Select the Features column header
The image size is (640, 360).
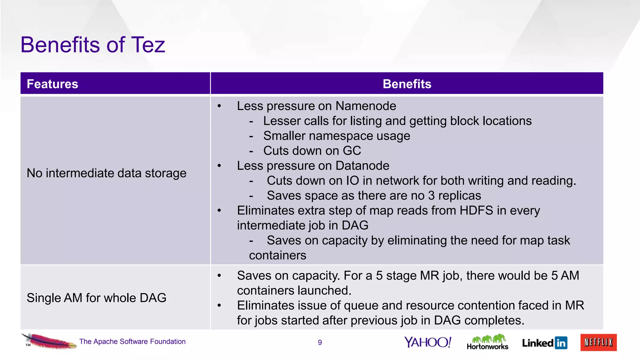click(52, 84)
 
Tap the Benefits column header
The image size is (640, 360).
click(407, 84)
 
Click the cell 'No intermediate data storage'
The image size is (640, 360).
click(106, 173)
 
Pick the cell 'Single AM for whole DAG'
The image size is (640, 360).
click(96, 298)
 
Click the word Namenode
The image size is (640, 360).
click(366, 106)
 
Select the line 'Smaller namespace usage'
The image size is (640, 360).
click(337, 136)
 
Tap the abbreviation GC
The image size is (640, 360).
click(352, 151)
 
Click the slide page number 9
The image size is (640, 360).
click(320, 342)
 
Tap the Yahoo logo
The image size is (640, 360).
click(427, 342)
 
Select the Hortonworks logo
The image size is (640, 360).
click(487, 342)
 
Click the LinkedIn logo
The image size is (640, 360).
click(544, 343)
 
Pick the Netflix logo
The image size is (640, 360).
click(598, 342)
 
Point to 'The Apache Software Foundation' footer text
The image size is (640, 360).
click(132, 342)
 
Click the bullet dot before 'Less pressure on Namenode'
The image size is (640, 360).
click(219, 106)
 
